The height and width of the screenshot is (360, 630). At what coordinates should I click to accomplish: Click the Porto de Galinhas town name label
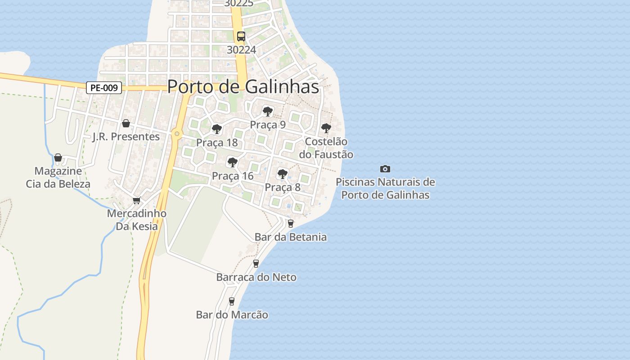243,87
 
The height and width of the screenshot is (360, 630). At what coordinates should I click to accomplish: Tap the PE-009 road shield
104,88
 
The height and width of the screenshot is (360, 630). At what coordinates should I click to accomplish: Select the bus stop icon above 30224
241,36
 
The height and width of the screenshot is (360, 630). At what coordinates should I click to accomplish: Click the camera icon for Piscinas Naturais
385,169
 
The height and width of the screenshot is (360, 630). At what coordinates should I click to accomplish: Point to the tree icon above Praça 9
268,111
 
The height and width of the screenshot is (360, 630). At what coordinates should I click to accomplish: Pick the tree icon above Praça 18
217,129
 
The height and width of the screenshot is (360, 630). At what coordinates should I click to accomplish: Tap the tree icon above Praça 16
233,162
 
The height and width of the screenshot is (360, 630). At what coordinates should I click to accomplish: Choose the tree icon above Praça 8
283,173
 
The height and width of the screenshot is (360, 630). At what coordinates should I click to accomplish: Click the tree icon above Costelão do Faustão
326,128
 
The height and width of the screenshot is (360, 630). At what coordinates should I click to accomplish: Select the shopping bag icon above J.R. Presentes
126,123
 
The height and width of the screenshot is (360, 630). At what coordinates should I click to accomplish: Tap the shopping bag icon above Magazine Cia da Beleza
58,157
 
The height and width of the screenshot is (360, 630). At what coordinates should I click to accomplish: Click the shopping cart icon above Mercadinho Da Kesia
136,200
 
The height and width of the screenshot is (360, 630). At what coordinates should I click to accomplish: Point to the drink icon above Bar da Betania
291,223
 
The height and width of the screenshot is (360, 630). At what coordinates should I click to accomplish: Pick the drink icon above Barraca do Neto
256,263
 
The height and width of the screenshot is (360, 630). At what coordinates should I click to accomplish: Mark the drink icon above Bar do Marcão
232,301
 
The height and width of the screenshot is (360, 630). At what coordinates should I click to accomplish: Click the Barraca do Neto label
256,277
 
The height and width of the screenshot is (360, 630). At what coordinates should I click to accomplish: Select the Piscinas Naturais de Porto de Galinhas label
385,189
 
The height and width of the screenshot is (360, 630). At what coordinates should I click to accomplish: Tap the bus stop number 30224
241,50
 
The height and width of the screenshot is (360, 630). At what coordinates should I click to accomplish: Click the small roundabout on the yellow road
177,134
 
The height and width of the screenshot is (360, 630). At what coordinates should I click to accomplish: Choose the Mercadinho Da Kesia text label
137,220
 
